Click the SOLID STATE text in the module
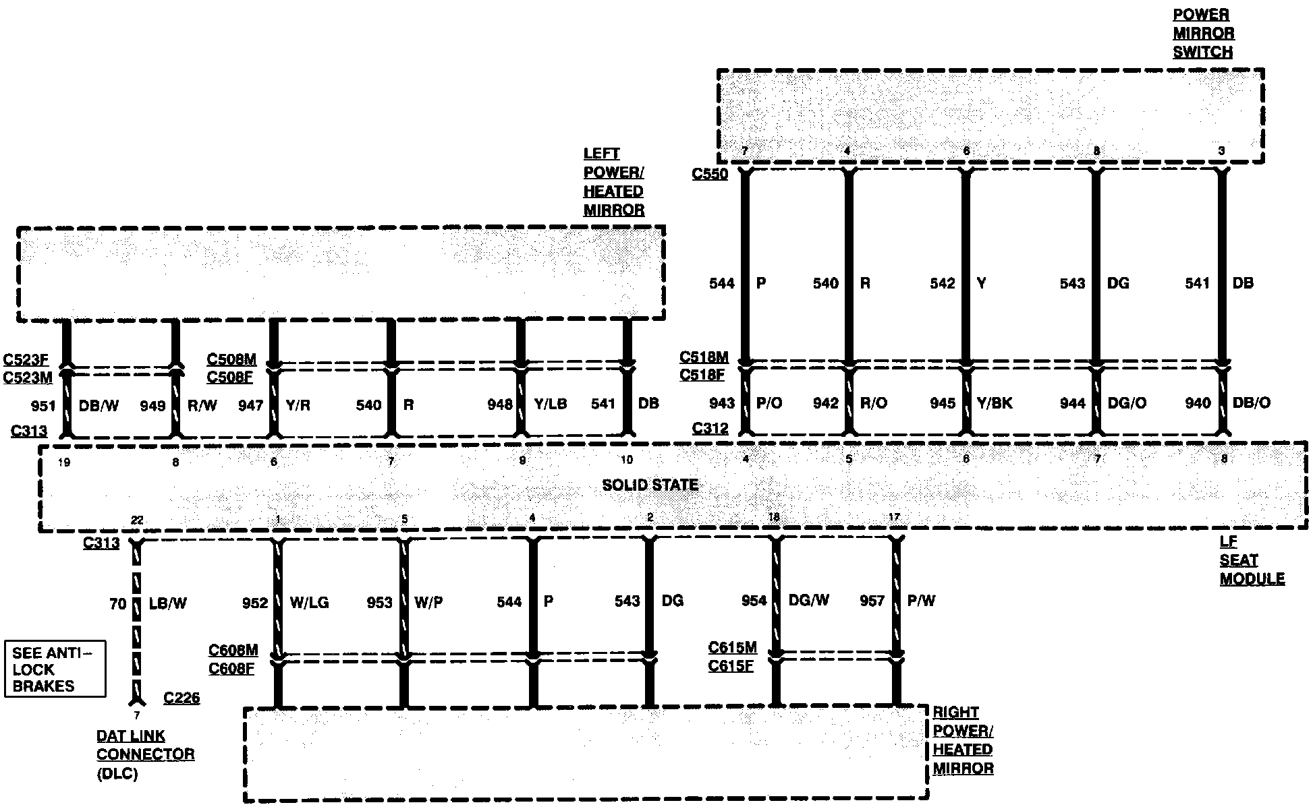tap(650, 485)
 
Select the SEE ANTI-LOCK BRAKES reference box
tap(55, 669)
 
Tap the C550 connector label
tap(710, 174)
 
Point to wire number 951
tap(43, 406)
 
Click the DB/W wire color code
tap(99, 406)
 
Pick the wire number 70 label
tap(117, 603)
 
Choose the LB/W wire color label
tap(167, 603)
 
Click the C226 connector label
tap(181, 698)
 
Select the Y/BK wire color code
tap(995, 403)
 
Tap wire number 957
tap(872, 601)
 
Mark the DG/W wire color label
tap(808, 601)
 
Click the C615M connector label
tap(732, 648)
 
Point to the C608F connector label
tap(231, 669)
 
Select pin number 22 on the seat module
tap(137, 520)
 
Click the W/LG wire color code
tap(309, 603)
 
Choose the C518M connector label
tap(704, 357)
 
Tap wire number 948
tap(500, 404)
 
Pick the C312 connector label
tap(710, 428)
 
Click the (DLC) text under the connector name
tap(117, 774)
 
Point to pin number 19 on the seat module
tap(64, 462)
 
